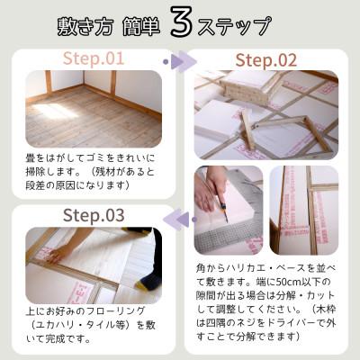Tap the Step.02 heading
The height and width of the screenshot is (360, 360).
[x=266, y=60]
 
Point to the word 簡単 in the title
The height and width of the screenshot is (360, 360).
[x=137, y=24]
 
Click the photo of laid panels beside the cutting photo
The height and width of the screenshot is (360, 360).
[x=303, y=209]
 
